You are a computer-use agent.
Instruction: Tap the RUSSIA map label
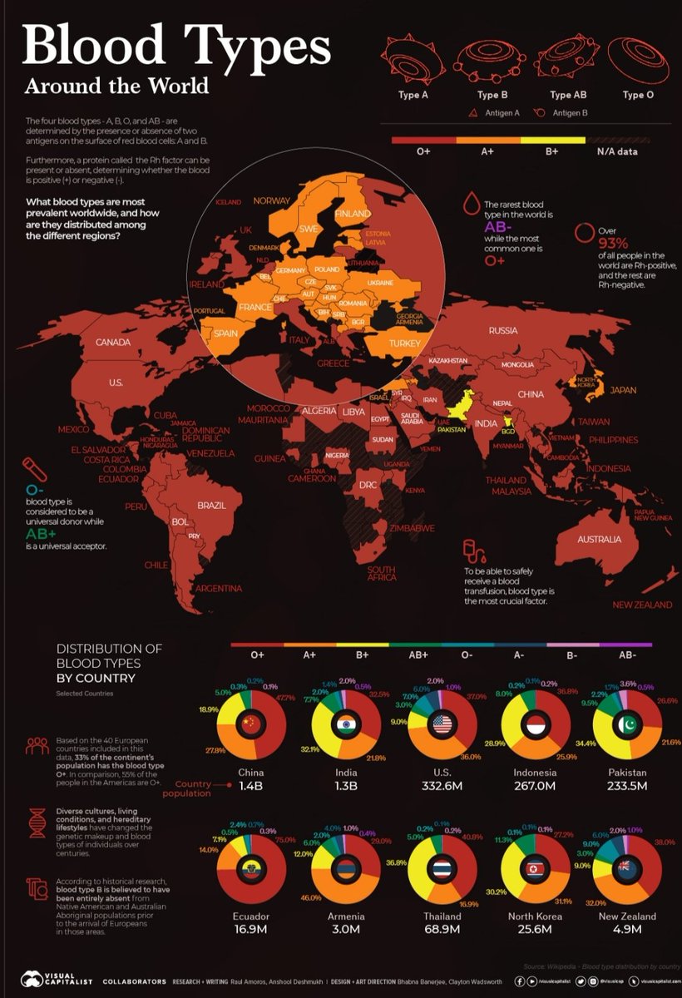[502, 330]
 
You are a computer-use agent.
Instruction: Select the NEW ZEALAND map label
[640, 605]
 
